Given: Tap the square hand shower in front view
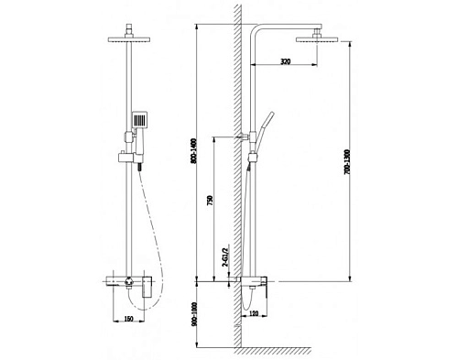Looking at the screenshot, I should point(138,120).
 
